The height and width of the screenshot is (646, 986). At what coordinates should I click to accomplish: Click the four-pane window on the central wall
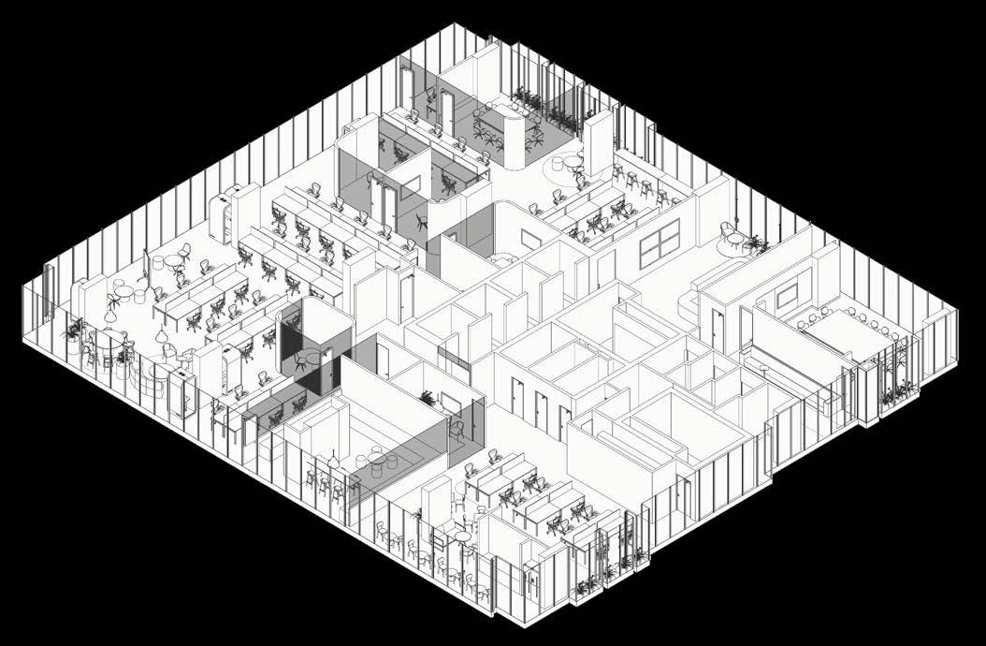[660, 246]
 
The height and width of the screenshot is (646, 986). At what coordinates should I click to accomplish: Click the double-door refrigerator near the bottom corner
[532, 580]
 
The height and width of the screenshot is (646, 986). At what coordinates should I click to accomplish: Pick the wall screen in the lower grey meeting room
[449, 404]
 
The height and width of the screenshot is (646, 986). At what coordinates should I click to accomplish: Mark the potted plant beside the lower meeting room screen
[428, 399]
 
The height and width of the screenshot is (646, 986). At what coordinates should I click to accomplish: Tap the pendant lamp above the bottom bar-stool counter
[334, 461]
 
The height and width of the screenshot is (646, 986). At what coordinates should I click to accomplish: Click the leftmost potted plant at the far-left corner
[74, 330]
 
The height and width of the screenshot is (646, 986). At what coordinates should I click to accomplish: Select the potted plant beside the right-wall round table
[756, 245]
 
